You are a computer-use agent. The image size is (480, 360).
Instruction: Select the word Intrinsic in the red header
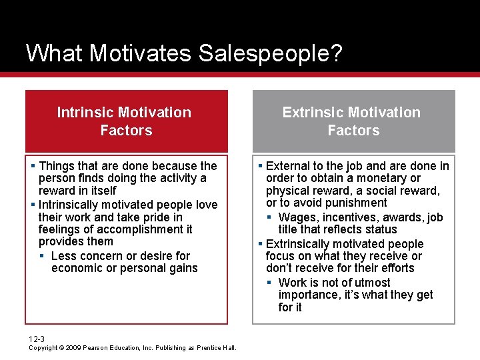[x=85, y=112]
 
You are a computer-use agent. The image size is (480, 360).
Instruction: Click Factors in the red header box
[x=126, y=130]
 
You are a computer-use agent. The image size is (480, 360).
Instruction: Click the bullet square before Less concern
[x=41, y=256]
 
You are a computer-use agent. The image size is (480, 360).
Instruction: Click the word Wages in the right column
[x=297, y=217]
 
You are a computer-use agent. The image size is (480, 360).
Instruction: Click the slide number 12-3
[x=37, y=339]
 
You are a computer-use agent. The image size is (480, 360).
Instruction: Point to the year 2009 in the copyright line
[x=74, y=347]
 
